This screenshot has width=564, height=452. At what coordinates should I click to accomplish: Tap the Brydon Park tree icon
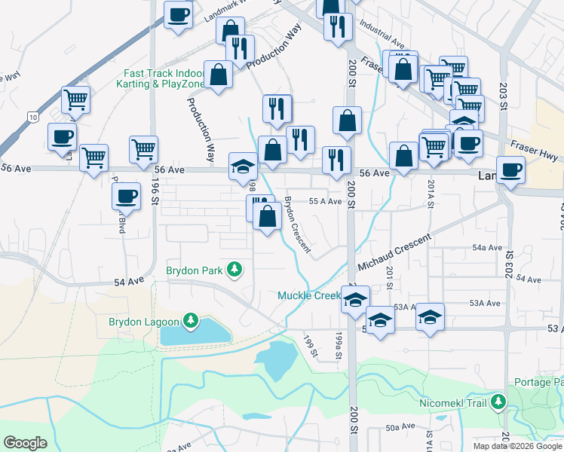[x=235, y=269]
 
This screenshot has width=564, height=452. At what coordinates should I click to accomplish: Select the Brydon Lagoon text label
[x=143, y=322]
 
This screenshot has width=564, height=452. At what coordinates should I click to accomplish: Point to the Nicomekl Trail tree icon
[x=497, y=402]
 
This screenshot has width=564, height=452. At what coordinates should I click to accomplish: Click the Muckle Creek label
[x=310, y=295]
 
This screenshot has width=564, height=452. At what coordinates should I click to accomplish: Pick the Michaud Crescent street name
[x=394, y=252]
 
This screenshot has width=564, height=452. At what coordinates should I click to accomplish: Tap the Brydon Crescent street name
[x=298, y=224]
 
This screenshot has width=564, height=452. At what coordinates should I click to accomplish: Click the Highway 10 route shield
[x=32, y=117]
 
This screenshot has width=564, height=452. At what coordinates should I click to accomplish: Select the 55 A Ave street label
[x=325, y=201]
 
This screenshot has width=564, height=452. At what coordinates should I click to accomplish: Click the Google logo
[x=26, y=443]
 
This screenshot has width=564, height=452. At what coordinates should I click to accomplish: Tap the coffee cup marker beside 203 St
[x=511, y=169]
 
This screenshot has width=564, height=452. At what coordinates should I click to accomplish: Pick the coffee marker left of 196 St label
[x=126, y=196]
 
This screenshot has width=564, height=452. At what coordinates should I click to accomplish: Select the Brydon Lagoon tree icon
[x=190, y=322]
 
